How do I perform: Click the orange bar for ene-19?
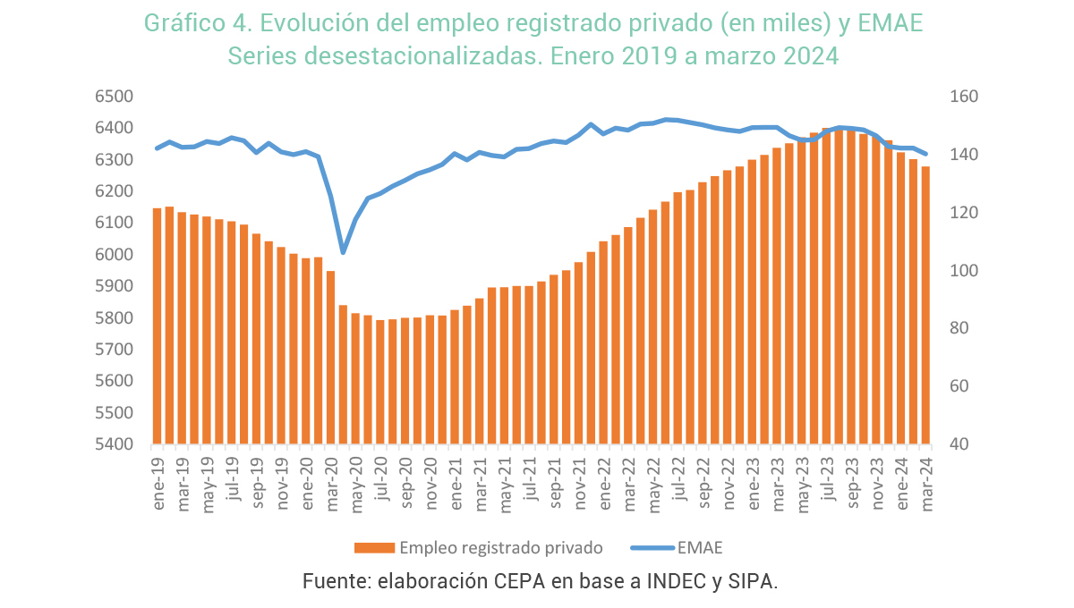click(x=158, y=326)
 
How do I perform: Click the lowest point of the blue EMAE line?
click(x=343, y=252)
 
